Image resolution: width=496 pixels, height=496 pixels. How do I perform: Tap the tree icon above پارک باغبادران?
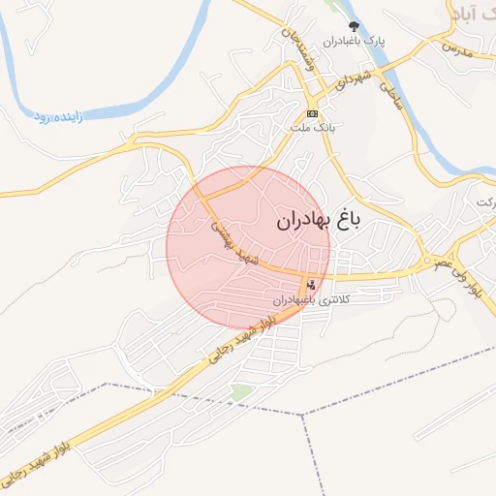[353, 26]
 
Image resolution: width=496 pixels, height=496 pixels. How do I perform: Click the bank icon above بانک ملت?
[312, 112]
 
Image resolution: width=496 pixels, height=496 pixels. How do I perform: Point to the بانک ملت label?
[312, 127]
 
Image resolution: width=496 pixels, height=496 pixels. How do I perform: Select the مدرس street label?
[454, 46]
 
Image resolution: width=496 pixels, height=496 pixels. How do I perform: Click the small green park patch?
[241, 391]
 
